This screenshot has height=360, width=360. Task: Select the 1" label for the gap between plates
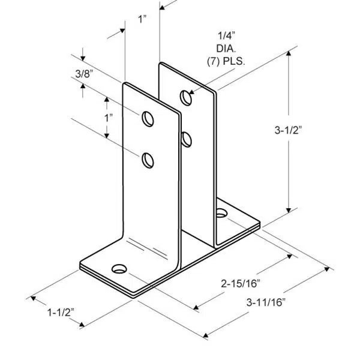pyautogui.click(x=142, y=19)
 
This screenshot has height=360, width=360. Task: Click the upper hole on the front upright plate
pyautogui.click(x=147, y=118)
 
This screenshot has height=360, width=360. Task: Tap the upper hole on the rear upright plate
pyautogui.click(x=185, y=95)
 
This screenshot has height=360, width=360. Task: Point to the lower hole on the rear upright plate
pyautogui.click(x=186, y=139)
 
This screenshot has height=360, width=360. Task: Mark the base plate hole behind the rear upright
pyautogui.click(x=221, y=212)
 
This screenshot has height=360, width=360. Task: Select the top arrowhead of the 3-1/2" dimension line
pyautogui.click(x=290, y=55)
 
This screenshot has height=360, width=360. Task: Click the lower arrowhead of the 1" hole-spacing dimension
pyautogui.click(x=109, y=137)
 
